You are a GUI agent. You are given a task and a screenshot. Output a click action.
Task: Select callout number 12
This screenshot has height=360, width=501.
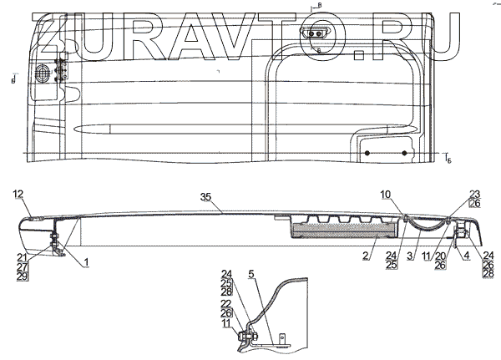(18, 194)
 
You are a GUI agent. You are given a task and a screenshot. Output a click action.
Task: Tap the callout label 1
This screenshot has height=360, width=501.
(86, 263)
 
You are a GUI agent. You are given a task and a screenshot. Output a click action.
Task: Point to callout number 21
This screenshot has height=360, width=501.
(22, 256)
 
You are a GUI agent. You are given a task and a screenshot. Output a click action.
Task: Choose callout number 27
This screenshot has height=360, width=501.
(22, 266)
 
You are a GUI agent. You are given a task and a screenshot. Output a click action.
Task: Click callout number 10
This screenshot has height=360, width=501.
(387, 194)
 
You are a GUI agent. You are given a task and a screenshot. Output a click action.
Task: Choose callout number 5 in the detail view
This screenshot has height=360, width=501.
(251, 272)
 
